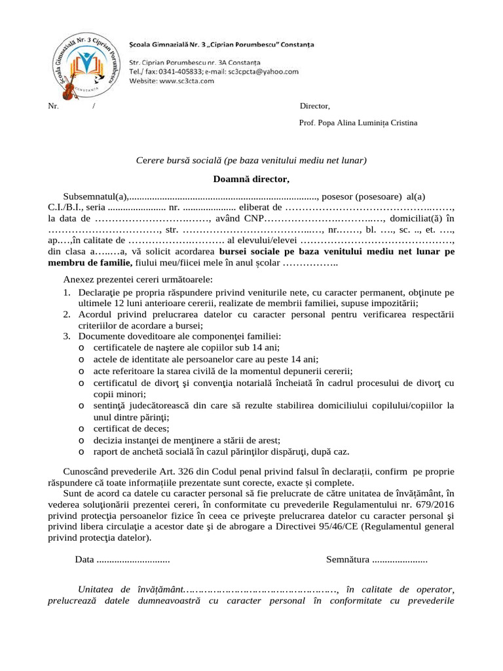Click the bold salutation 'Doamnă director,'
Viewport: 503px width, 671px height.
coord(251,179)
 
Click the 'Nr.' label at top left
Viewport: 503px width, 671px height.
coord(53,106)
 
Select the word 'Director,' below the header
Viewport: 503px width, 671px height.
coord(315,106)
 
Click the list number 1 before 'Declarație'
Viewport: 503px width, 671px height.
coord(67,292)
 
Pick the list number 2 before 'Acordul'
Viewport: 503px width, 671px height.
coord(67,315)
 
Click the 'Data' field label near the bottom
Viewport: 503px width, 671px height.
coord(84,560)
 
